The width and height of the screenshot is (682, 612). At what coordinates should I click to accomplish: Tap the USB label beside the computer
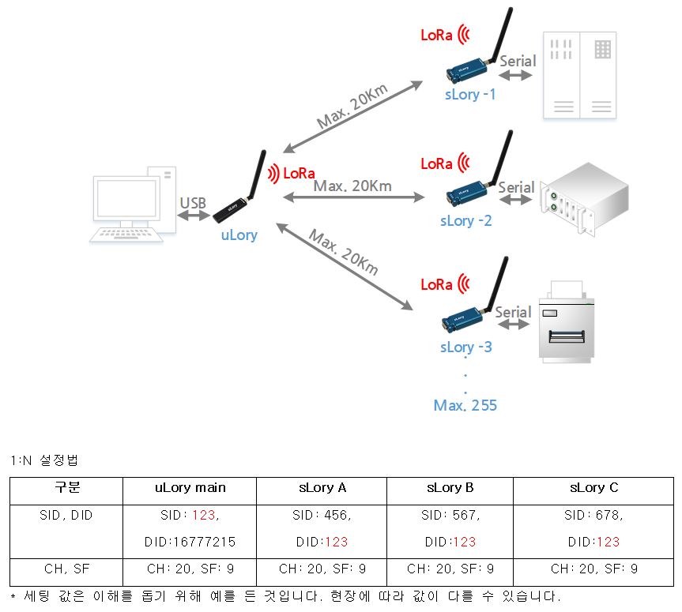[193, 203]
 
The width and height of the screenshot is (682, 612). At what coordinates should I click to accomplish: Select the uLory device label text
[239, 235]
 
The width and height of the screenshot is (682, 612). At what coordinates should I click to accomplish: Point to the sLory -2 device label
[465, 220]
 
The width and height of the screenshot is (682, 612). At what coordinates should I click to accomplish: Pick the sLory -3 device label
[465, 347]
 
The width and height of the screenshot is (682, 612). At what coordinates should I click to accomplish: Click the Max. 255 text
[465, 405]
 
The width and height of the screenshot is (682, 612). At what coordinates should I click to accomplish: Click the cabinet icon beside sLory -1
[580, 75]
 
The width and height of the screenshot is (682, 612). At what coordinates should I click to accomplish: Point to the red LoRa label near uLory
[299, 173]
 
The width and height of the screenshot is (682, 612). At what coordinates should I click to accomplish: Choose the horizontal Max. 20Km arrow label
[352, 186]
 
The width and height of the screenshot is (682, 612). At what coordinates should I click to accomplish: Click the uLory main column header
[190, 487]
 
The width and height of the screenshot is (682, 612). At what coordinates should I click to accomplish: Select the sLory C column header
[593, 487]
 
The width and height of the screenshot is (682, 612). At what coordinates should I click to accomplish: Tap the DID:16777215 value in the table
[190, 542]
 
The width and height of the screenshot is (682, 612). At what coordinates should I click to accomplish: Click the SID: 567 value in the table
[450, 515]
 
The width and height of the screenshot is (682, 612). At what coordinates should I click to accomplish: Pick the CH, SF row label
[66, 568]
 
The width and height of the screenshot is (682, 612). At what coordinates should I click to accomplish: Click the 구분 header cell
[66, 487]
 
